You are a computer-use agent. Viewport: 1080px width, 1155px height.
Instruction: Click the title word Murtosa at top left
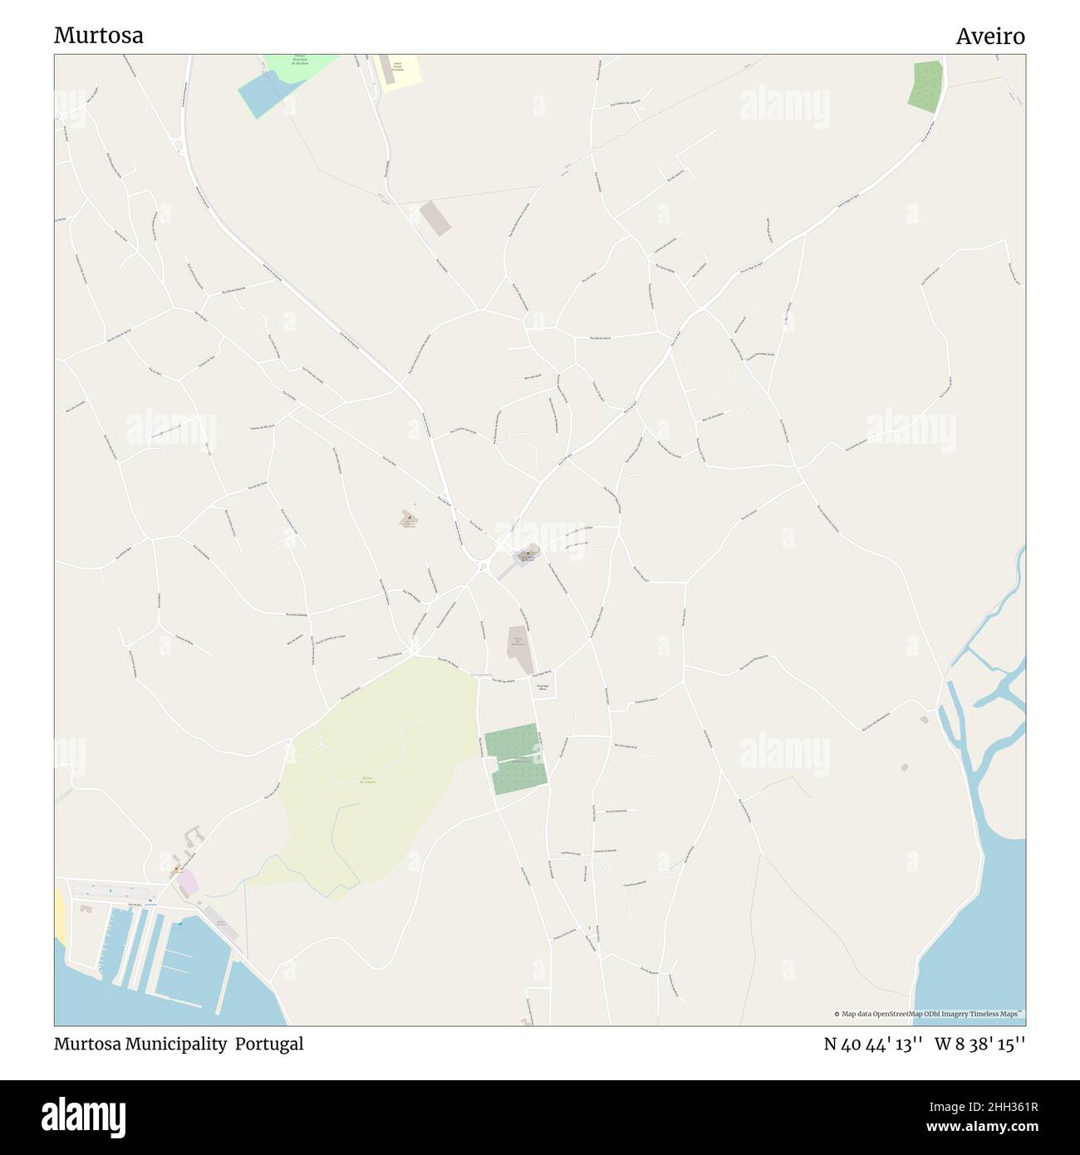(98, 35)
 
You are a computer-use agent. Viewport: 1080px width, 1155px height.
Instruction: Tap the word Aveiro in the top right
(989, 36)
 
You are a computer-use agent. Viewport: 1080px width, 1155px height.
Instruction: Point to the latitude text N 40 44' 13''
(873, 1044)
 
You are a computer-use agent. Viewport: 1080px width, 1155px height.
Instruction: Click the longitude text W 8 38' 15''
(980, 1044)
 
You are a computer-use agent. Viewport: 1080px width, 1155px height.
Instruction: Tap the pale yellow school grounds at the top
(399, 70)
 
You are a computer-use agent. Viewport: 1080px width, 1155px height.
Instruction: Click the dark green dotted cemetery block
(514, 759)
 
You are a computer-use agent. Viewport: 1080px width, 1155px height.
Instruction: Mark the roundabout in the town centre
(483, 568)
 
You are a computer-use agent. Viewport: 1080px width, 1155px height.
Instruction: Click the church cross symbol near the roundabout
(527, 552)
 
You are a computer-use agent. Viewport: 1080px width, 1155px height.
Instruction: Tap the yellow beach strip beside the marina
(60, 914)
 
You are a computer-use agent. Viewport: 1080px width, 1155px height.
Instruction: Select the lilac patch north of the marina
(188, 882)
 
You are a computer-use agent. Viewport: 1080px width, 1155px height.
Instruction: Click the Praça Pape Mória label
(542, 686)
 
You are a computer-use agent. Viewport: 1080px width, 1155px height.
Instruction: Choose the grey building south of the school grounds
(434, 218)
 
